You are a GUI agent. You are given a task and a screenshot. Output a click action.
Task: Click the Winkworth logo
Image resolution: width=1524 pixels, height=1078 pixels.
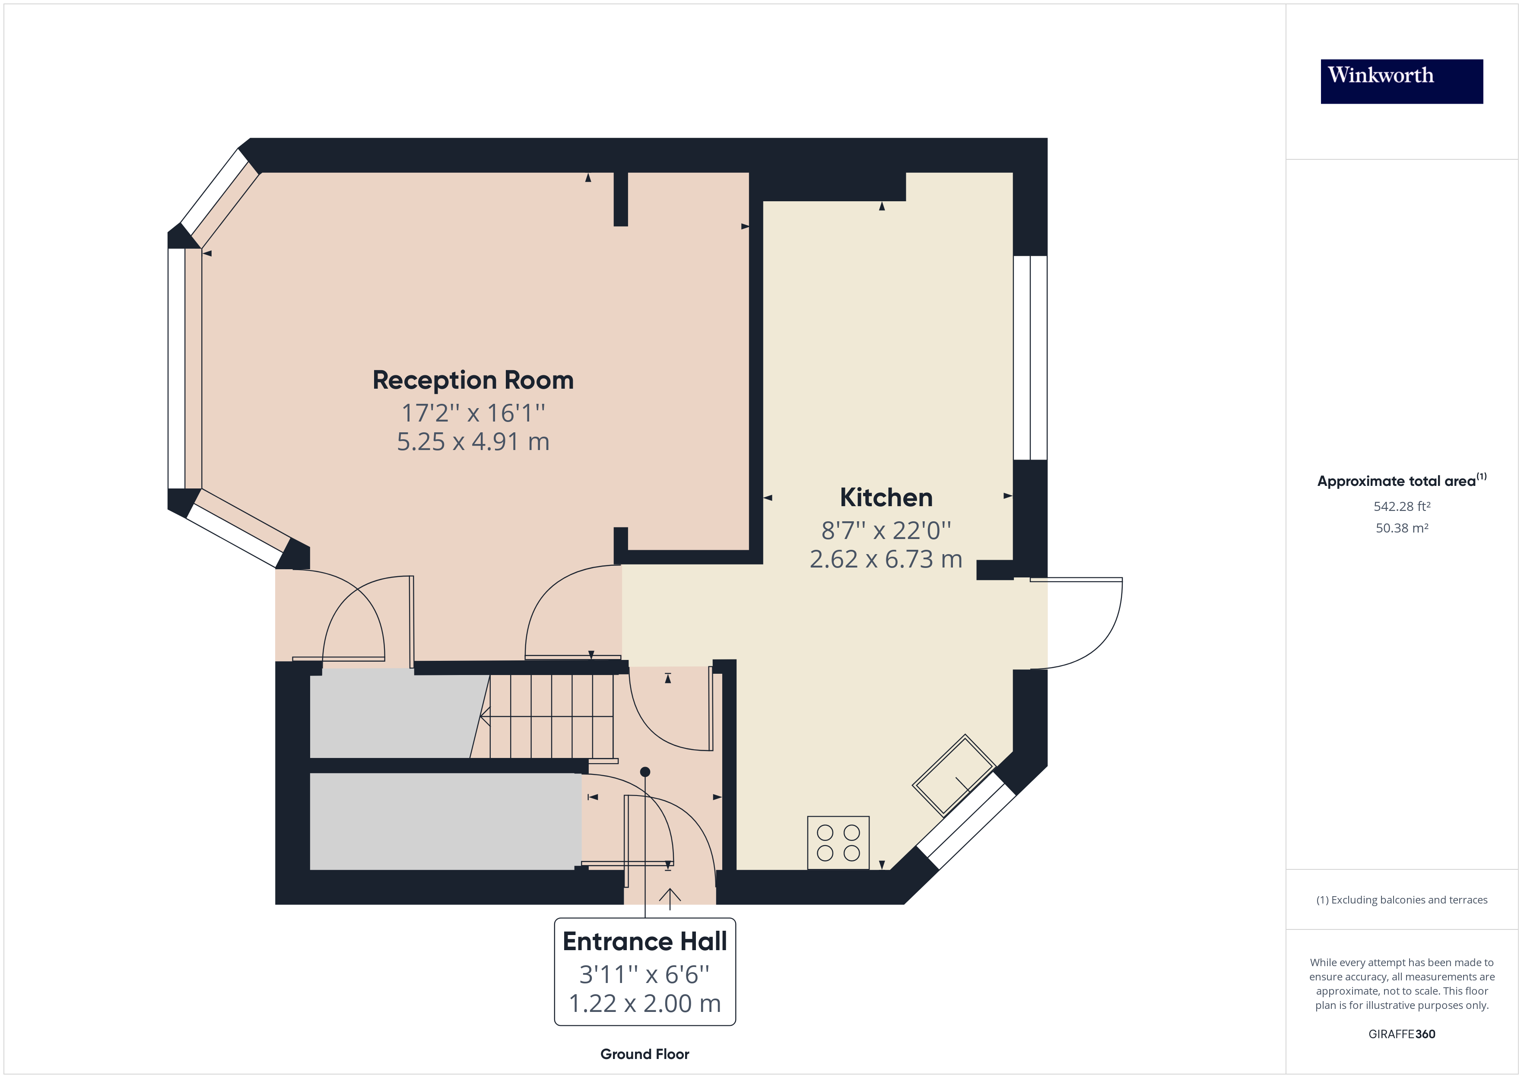coord(1401,81)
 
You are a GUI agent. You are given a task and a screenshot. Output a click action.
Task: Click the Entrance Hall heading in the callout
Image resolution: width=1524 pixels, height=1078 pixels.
coord(645,941)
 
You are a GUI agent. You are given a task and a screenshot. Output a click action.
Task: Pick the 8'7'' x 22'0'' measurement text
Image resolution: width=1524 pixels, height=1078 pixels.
coord(886,530)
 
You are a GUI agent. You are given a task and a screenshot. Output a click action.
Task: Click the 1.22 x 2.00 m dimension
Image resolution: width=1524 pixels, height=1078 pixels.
coord(645,1004)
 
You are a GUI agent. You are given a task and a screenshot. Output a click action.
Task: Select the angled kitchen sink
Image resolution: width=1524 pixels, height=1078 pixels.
coord(954,775)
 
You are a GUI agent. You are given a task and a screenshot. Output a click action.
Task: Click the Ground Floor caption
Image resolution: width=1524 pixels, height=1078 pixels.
coord(645,1054)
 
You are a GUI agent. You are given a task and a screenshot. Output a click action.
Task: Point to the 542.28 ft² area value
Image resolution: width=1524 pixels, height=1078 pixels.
coord(1401,507)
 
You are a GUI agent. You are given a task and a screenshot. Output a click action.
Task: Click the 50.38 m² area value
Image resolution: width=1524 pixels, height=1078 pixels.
coord(1401,528)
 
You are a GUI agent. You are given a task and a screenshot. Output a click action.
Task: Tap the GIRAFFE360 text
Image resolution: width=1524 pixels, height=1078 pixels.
coord(1401,1034)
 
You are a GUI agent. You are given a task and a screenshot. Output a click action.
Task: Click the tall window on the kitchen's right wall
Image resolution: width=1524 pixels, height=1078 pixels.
coord(1030,358)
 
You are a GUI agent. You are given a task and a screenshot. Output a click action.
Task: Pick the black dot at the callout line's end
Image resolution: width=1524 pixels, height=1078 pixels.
coord(645,772)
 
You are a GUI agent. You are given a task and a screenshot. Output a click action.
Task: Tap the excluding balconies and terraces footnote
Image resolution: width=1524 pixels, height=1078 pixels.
coord(1401,900)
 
